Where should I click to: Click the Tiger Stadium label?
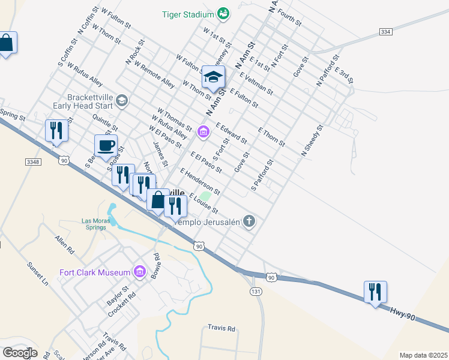click(x=188, y=14)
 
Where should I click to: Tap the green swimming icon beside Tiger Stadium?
click(x=223, y=13)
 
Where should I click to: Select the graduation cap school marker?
click(x=213, y=77)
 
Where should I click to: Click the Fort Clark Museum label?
click(x=95, y=272)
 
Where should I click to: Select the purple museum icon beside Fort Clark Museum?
click(x=139, y=272)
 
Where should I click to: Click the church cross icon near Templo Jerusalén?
click(x=249, y=221)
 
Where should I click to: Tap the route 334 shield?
click(x=385, y=31)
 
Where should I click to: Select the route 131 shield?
click(x=255, y=290)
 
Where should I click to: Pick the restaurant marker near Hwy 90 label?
click(x=376, y=293)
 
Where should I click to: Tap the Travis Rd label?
click(x=221, y=328)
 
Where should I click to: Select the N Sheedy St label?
click(x=312, y=141)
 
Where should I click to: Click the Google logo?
click(x=20, y=353)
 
